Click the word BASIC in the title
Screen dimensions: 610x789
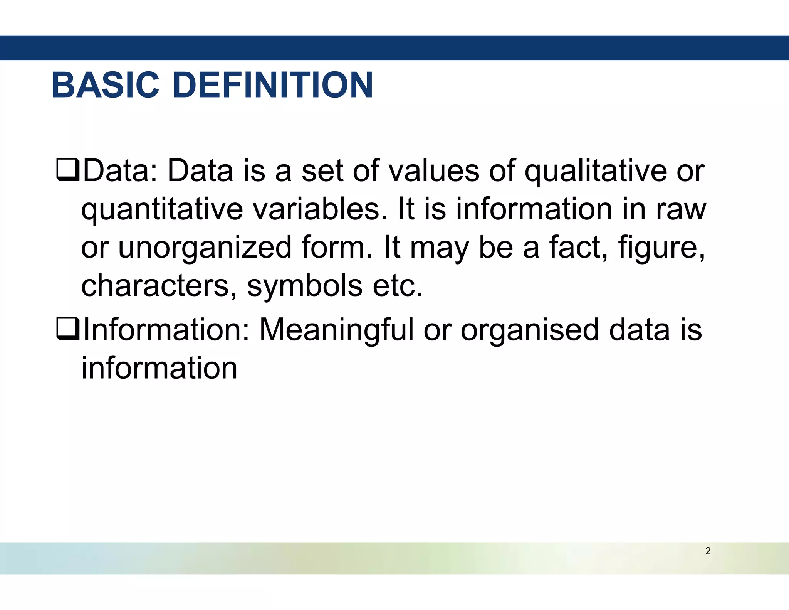point(105,85)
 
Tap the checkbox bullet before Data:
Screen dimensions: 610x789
point(68,171)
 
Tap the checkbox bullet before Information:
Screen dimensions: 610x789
point(68,330)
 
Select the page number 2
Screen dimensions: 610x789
point(708,551)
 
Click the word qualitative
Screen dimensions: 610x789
point(596,172)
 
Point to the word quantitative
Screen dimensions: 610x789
point(162,210)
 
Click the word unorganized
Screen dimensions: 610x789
point(205,248)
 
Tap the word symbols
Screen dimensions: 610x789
point(305,286)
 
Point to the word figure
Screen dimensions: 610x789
point(661,248)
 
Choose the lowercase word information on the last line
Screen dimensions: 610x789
point(159,368)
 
